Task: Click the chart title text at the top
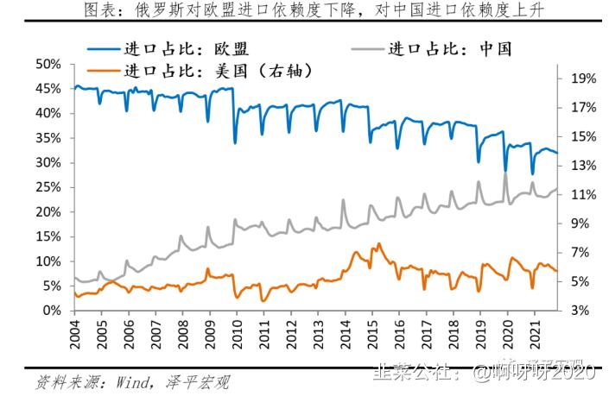tap(304, 10)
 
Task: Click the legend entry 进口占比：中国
tap(449, 48)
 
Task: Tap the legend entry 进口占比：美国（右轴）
tap(217, 71)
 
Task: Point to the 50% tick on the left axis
tap(48, 64)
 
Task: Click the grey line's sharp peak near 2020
tap(505, 174)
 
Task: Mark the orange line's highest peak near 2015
tap(378, 244)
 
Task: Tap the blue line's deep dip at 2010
tap(235, 142)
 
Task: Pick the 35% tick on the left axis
tap(48, 138)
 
